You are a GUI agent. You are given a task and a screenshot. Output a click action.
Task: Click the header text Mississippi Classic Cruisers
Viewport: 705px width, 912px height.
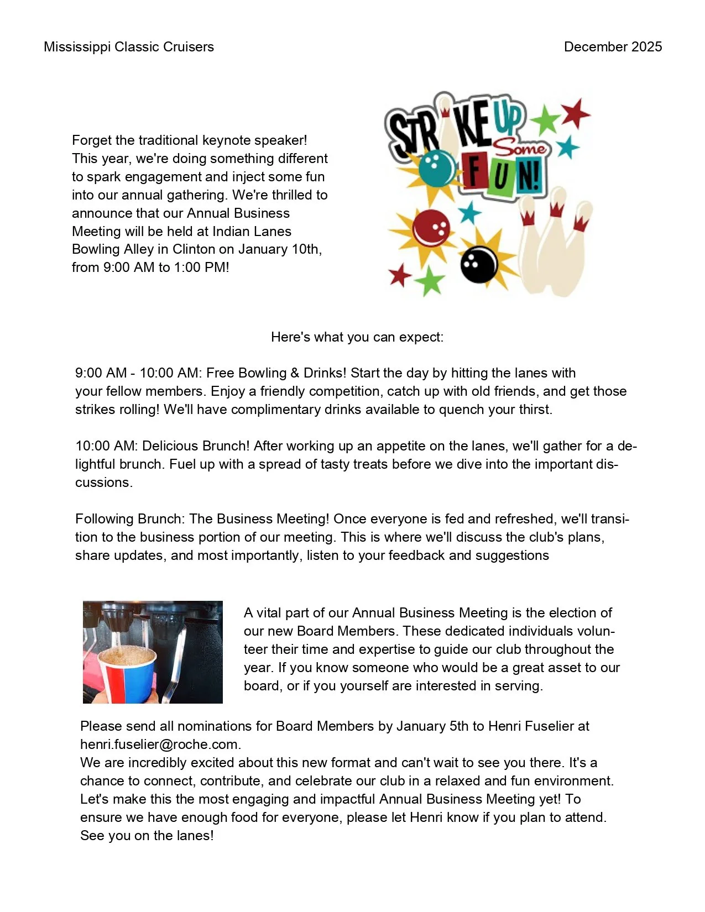tap(129, 47)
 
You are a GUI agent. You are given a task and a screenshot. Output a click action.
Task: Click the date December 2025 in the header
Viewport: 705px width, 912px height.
tap(613, 47)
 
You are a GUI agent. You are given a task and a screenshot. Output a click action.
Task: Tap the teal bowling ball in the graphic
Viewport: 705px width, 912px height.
tap(436, 166)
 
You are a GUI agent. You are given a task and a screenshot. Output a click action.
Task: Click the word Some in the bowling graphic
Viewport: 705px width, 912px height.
tap(520, 148)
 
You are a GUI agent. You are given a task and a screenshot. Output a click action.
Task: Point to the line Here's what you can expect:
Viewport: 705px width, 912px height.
tap(357, 337)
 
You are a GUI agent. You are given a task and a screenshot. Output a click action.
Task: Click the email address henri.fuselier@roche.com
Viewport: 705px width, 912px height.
tap(160, 745)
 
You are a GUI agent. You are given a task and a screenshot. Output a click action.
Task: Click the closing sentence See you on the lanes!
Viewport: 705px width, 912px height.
tap(147, 836)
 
